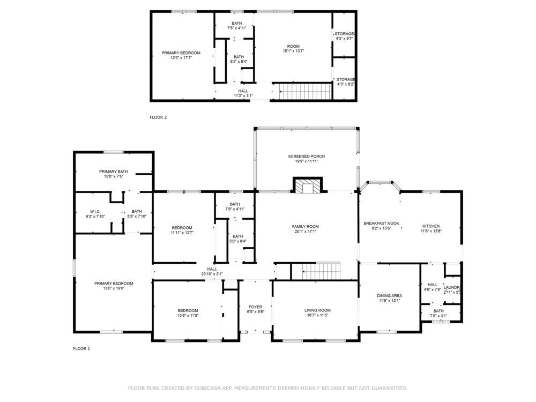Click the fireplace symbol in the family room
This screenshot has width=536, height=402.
307,185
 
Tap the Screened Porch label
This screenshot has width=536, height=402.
306,156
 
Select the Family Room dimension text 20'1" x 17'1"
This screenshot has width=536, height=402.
306,232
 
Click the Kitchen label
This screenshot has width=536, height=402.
431,226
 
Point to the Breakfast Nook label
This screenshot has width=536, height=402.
381,223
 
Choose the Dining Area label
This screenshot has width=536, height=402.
389,296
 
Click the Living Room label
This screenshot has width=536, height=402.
317,310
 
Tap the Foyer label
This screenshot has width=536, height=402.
255,307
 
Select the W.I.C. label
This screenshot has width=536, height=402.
95,212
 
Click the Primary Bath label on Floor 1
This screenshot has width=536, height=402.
114,172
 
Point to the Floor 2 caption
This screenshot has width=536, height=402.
158,117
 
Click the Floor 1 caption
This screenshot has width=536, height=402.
81,349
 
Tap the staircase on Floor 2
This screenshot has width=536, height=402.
304,91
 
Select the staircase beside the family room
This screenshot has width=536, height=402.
321,271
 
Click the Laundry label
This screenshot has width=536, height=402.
452,287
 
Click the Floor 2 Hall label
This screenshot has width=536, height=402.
243,91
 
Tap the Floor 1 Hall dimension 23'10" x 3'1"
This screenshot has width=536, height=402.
212,274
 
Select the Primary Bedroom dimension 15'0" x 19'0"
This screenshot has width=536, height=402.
114,288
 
